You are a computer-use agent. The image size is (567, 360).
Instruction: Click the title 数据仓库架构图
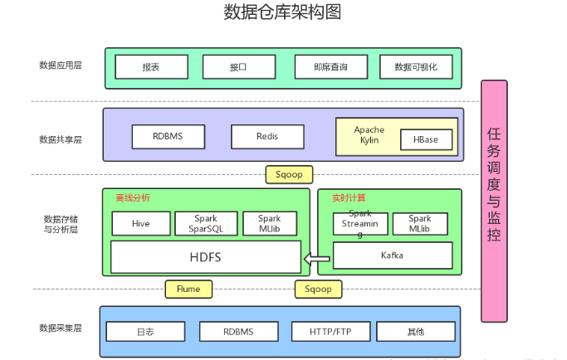pos(282,12)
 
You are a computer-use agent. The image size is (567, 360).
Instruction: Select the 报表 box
pos(150,66)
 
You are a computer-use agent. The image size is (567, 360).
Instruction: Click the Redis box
pos(267,136)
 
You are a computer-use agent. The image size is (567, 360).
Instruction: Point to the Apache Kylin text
pos(369,135)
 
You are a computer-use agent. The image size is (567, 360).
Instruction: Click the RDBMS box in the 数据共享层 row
pos(167,136)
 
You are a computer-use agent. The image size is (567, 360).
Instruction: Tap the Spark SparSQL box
pos(205,223)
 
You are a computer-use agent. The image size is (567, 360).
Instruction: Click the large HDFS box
pos(205,257)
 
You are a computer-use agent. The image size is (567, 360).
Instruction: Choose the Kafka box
pos(392,255)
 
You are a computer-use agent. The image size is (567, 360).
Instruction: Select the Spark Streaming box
pos(359,224)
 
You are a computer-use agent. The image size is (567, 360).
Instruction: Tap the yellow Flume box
pos(188,289)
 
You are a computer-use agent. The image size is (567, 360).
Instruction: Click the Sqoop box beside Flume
pos(318,289)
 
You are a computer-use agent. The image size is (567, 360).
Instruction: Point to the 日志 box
pos(144,332)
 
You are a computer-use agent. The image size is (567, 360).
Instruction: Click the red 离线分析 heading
pos(133,198)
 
